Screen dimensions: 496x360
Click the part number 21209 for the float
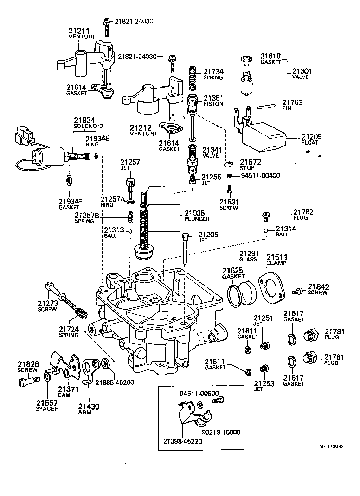(312, 137)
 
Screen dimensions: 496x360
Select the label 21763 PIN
(292, 105)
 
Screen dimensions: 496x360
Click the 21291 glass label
(248, 256)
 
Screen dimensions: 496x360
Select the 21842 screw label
(317, 289)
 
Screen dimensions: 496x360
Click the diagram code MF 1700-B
(330, 446)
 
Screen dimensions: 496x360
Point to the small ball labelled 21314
(265, 231)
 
